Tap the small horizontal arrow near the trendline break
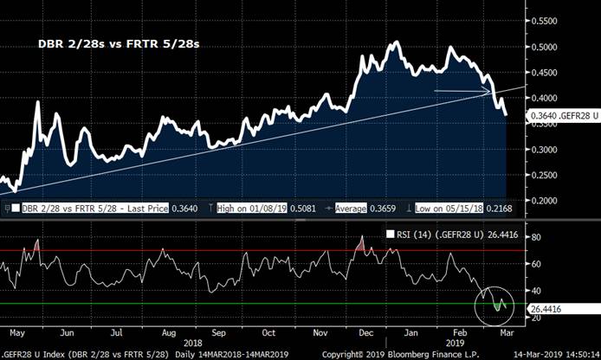[462, 90]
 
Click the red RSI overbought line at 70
[260, 251]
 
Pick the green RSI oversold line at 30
[260, 304]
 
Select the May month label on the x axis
[16, 332]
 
